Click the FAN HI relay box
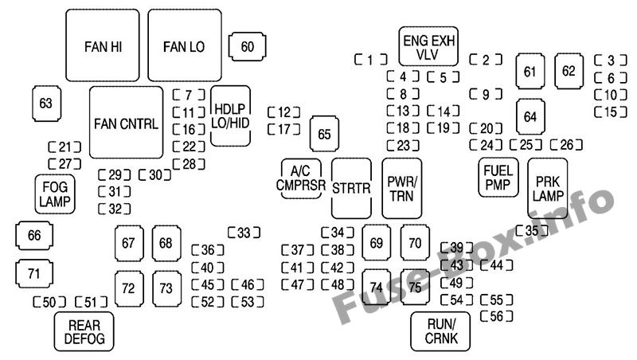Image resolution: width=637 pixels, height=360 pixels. [102, 46]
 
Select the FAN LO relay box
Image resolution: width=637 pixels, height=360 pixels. [184, 46]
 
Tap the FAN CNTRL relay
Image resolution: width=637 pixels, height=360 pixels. [126, 123]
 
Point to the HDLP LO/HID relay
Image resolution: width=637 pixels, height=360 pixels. [231, 115]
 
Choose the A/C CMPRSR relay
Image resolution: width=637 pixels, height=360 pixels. [302, 179]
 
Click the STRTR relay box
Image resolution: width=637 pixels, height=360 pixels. [352, 189]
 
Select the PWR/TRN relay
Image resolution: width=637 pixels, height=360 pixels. [402, 188]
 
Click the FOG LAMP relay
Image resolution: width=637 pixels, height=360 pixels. [55, 194]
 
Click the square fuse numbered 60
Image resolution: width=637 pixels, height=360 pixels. [247, 47]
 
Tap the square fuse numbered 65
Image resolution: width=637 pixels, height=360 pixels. [324, 134]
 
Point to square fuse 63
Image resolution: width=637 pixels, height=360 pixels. [46, 103]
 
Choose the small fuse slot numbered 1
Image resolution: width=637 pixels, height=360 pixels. [370, 59]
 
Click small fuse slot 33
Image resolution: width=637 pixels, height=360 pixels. [244, 233]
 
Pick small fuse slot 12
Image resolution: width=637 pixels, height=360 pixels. [284, 112]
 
